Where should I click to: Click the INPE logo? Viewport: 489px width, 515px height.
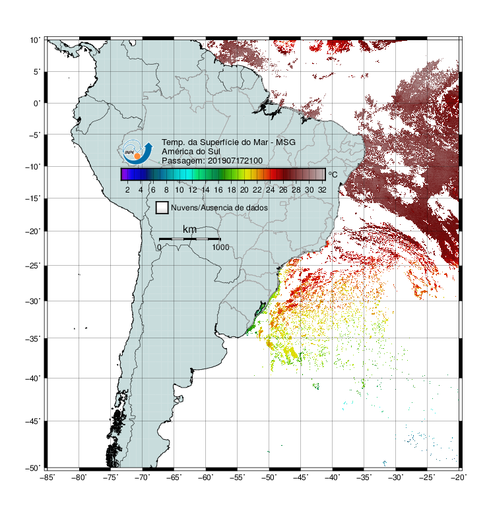pos(137,152)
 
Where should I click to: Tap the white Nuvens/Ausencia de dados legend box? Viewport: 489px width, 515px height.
pos(162,208)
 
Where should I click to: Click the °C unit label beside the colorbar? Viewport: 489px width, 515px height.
pos(333,174)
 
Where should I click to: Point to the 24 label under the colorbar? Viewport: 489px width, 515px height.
pos(270,190)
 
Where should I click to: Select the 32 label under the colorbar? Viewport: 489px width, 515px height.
pos(322,190)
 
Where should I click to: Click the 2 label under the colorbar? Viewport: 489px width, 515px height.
pos(127,190)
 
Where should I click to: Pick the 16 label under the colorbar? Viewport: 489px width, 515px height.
pos(218,190)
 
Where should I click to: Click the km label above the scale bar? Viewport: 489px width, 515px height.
pos(189,229)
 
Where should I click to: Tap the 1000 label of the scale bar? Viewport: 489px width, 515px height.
pos(220,247)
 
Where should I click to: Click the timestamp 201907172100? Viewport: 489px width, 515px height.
pos(236,161)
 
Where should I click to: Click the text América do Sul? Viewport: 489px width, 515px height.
pos(191,152)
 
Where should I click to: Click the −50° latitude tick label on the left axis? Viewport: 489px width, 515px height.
pos(33,468)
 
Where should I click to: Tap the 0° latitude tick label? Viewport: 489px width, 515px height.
pos(37,104)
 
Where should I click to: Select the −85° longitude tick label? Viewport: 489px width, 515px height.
pos(47,477)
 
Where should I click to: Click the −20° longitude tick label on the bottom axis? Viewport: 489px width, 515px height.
pos(459,477)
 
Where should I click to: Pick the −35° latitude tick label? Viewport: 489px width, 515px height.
pos(33,338)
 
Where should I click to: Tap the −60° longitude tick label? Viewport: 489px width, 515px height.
pos(205,477)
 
